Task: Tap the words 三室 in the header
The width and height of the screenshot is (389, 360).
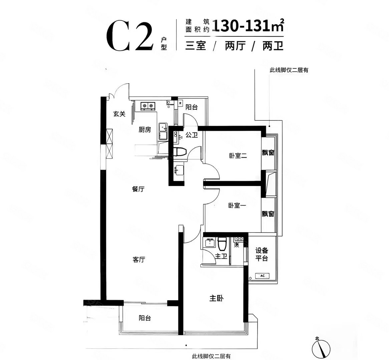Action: [196, 45]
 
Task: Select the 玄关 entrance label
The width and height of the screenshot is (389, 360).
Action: [119, 114]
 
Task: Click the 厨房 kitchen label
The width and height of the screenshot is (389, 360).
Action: [145, 130]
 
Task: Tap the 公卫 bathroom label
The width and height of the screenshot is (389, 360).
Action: [192, 135]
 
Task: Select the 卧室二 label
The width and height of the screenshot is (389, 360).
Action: [238, 155]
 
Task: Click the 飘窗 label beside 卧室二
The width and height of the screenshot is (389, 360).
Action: [268, 153]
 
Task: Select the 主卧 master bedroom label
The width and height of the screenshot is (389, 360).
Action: [216, 299]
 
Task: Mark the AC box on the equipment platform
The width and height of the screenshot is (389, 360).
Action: [262, 276]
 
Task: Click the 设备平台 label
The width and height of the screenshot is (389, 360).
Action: [262, 254]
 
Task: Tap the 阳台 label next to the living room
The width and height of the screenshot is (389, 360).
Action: [145, 318]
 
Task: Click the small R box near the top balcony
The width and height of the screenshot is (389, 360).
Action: [180, 103]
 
